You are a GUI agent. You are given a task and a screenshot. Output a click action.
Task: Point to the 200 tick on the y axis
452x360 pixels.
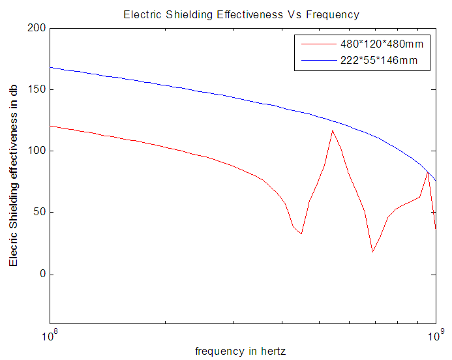pos(37,28)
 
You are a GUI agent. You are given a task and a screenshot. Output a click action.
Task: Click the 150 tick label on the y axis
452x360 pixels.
pos(37,89)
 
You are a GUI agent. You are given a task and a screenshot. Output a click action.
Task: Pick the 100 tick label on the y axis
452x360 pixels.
pos(37,151)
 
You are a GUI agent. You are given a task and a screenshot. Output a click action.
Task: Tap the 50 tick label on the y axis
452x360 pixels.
pos(40,213)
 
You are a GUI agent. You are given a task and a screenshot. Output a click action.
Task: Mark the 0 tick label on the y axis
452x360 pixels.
pos(42,274)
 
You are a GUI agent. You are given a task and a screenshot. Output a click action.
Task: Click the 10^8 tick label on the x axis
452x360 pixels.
pos(50,335)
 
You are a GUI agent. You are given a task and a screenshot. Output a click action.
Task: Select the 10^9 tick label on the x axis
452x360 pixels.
pos(435,335)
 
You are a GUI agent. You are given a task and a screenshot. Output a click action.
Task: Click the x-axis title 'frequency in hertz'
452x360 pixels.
pos(241,351)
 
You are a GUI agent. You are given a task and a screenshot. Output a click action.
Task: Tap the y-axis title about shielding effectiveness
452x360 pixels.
pos(14,176)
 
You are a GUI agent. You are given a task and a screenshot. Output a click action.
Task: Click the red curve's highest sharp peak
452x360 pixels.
pos(333,130)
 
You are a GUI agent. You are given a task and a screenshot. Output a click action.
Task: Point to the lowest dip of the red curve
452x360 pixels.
pos(372,252)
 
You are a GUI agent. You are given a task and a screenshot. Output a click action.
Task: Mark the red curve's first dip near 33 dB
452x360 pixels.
pos(301,233)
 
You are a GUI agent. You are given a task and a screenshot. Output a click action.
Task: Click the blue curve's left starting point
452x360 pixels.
pos(50,67)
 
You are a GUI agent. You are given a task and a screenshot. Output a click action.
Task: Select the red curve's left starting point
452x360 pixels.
pos(50,126)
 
